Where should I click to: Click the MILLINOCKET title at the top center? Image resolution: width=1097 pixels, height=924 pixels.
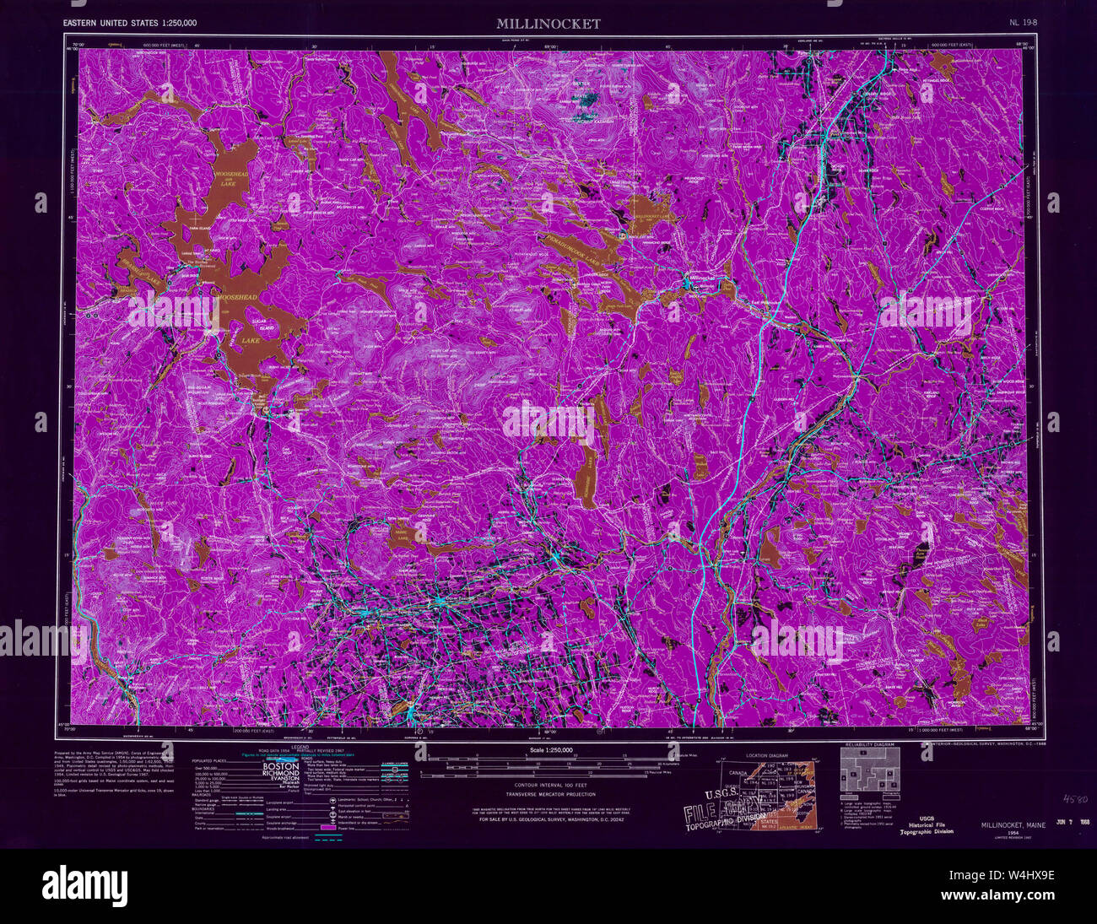pyautogui.click(x=548, y=24)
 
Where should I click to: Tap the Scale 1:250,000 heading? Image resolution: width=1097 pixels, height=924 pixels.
pyautogui.click(x=548, y=749)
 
